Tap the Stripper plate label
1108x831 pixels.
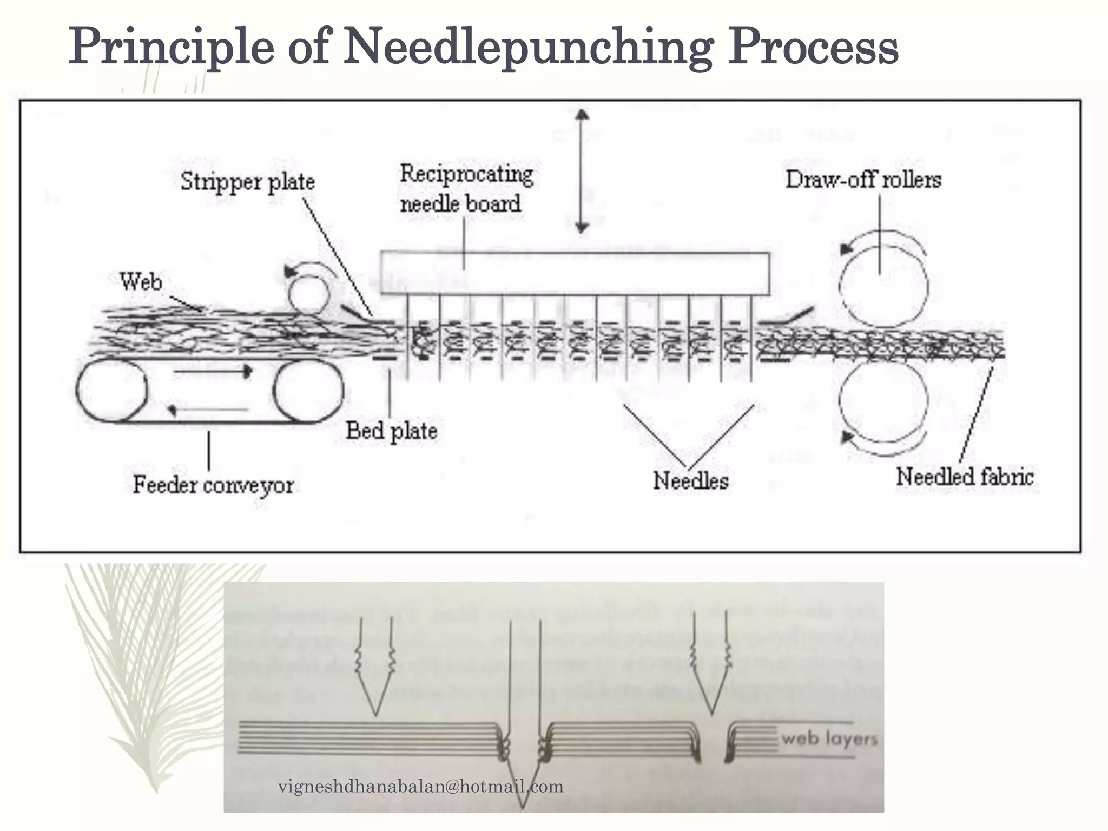(247, 181)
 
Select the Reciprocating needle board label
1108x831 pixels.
(466, 189)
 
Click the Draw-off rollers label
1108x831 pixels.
(863, 180)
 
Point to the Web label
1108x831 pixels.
(141, 282)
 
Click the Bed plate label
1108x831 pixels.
(391, 431)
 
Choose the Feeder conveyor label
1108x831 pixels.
(213, 485)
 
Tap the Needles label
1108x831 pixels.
(690, 480)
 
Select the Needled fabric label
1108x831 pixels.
(965, 477)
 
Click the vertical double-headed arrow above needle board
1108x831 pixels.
(582, 171)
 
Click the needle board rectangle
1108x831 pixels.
(575, 273)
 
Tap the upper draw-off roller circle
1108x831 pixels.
(882, 286)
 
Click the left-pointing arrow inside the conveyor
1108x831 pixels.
(208, 410)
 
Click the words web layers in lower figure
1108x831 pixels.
(829, 738)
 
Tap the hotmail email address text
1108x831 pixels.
(420, 786)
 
